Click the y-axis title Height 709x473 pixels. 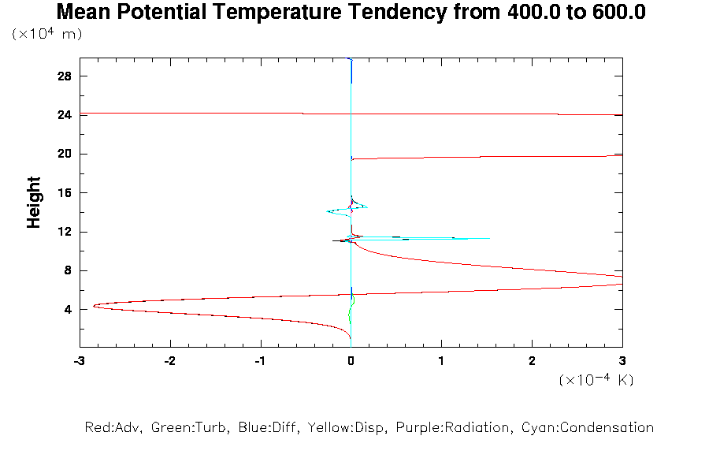coord(34,203)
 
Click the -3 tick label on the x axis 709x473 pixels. coord(79,360)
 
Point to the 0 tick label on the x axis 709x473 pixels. coord(351,360)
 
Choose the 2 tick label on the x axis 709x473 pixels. coord(532,360)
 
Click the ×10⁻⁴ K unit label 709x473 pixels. coord(596,380)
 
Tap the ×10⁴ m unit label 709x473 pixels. coord(47,34)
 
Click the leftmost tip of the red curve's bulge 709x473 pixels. coord(93,306)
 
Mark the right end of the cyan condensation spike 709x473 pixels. coord(489,238)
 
